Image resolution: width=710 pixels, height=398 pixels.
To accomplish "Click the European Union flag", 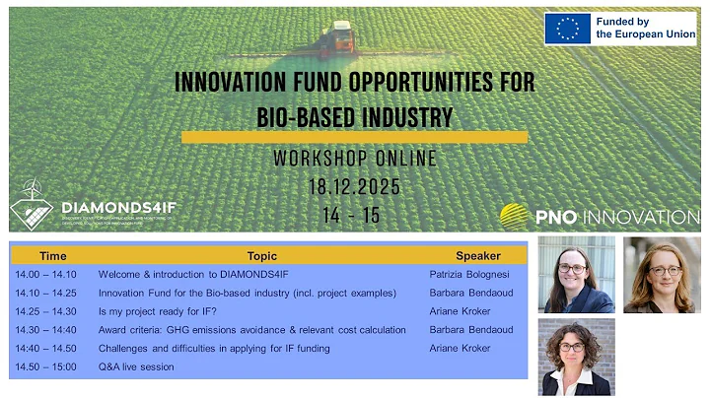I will pos(569,28).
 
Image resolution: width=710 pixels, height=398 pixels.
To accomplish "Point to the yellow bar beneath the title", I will pos(354,137).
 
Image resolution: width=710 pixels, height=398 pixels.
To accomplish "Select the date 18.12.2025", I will pos(354,188).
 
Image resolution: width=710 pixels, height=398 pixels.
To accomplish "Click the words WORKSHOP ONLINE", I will pos(354,160).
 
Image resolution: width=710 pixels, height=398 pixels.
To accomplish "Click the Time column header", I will pos(53,255).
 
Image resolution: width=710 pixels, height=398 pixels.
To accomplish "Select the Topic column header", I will pos(262,255).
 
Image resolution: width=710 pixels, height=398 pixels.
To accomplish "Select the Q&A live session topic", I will pos(136,367).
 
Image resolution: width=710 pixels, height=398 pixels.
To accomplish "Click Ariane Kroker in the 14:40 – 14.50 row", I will pos(460,349).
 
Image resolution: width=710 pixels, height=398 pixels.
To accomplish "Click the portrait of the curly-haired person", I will pos(576,358).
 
